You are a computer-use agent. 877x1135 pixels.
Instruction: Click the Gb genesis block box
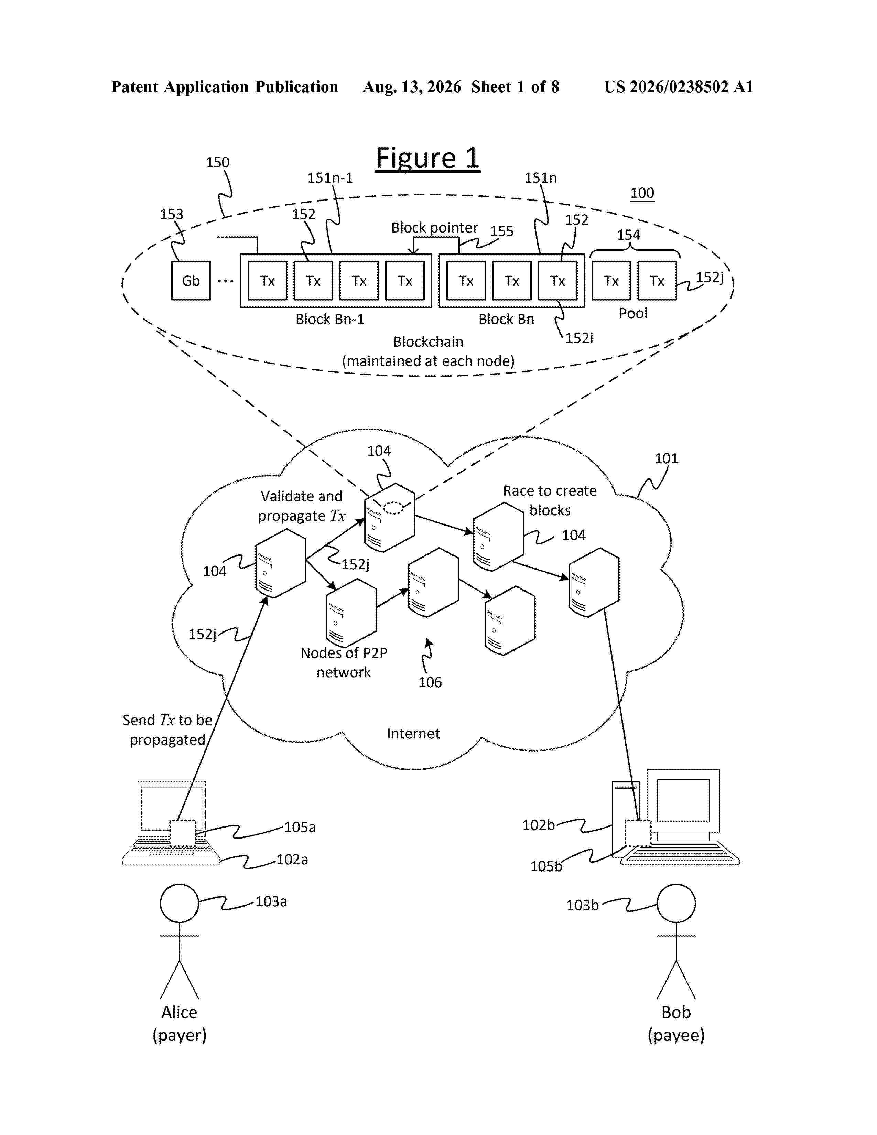pos(191,281)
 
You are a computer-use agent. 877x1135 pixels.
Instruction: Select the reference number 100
pos(642,193)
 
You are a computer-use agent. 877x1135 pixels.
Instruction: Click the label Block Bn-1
pos(330,319)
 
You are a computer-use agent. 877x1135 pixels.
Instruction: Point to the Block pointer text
pos(434,228)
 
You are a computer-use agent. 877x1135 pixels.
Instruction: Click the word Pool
pos(633,313)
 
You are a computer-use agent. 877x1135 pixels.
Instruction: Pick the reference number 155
pos(501,231)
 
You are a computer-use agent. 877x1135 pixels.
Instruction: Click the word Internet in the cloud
pos(413,733)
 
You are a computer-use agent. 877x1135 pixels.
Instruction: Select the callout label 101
pos(667,458)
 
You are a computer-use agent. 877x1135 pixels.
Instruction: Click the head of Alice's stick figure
pos(179,903)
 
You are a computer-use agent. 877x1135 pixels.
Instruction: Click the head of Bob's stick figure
pos(676,903)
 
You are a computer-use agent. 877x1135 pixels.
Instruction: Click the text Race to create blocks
pos(550,500)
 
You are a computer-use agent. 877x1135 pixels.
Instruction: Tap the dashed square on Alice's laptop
pos(182,833)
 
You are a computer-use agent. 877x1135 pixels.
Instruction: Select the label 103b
pos(582,905)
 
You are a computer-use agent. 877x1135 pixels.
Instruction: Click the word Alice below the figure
pos(179,1012)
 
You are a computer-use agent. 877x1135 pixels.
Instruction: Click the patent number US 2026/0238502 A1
pos(679,87)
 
